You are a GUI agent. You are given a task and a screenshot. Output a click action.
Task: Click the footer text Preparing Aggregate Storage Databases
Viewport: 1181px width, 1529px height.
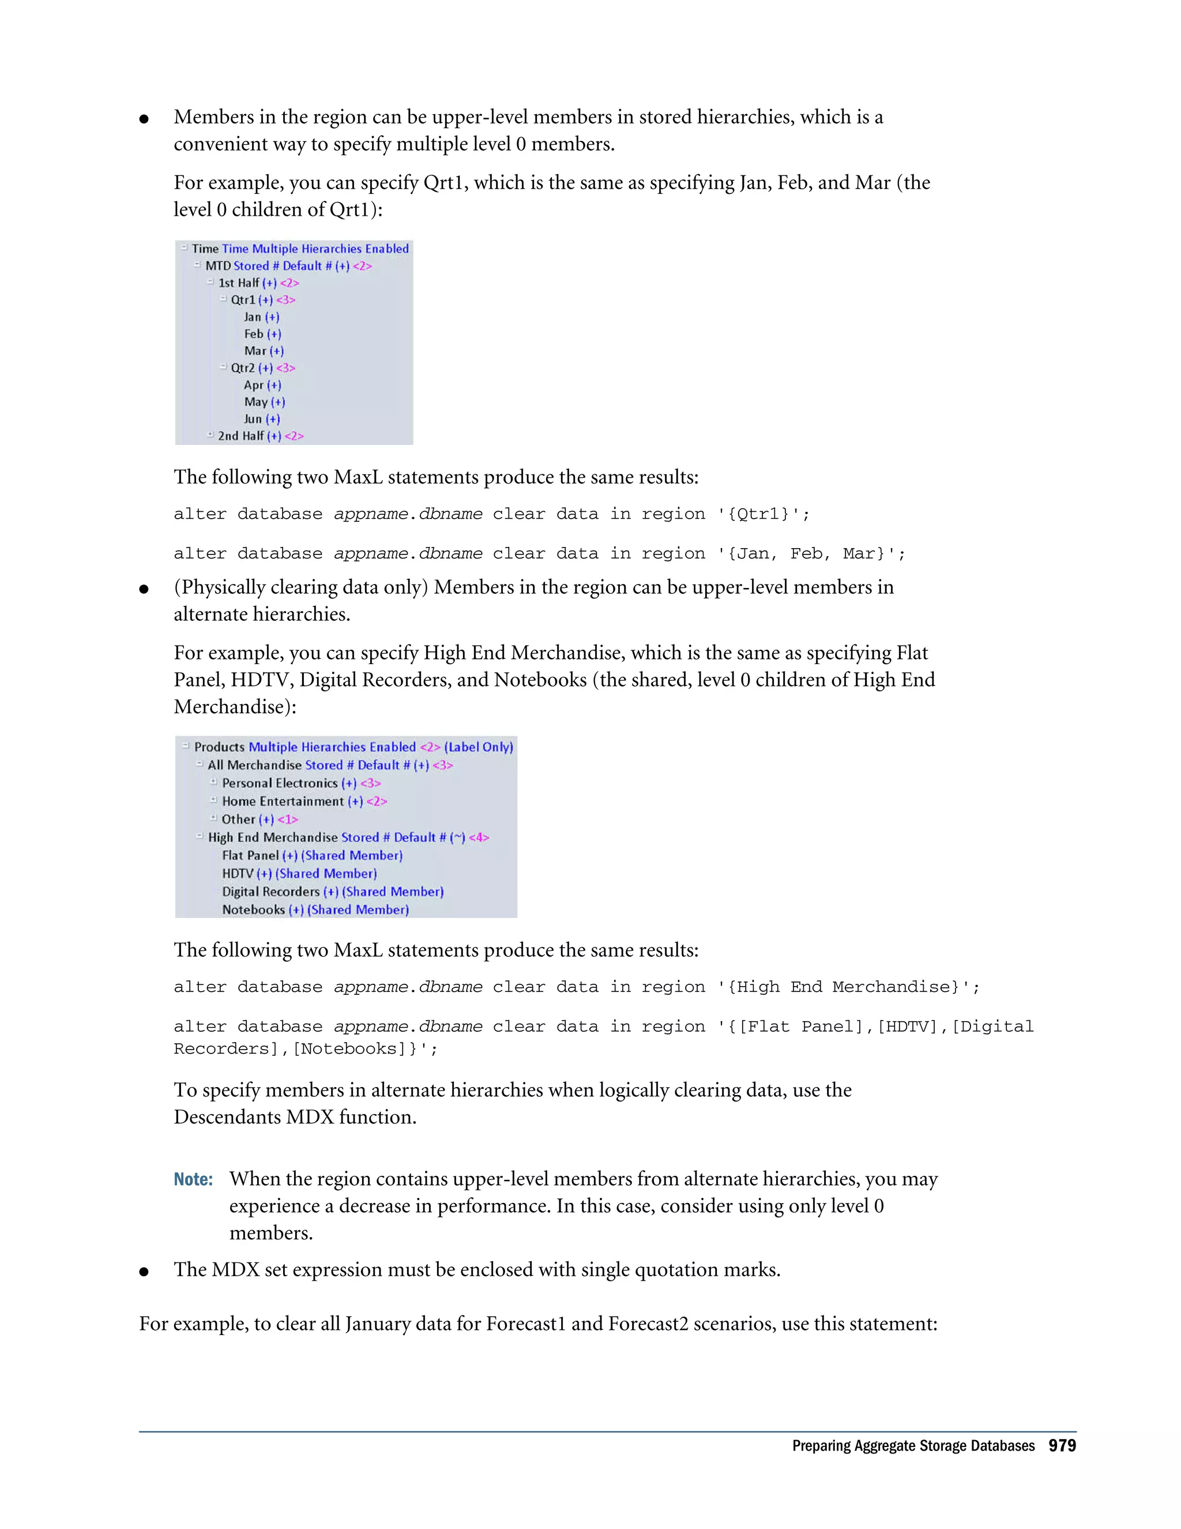coord(912,1446)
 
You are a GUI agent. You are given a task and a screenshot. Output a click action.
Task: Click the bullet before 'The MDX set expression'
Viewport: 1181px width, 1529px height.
coord(144,1271)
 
